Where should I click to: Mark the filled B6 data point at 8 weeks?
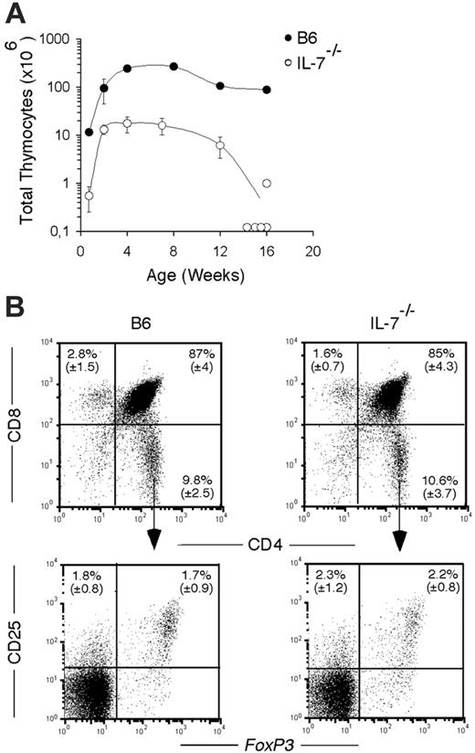[x=174, y=67]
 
